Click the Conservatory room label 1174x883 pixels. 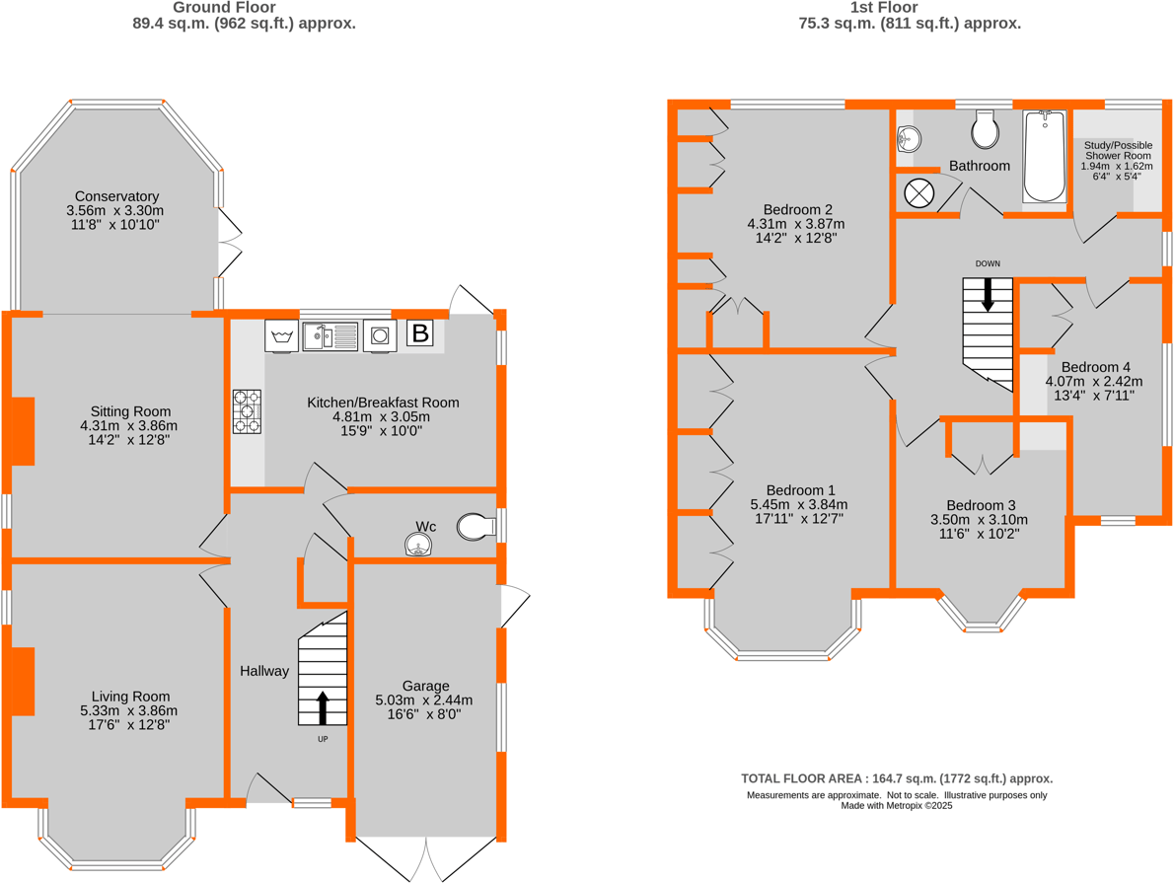pyautogui.click(x=113, y=196)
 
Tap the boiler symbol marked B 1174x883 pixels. pyautogui.click(x=420, y=333)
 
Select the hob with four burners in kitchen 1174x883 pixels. pyautogui.click(x=248, y=411)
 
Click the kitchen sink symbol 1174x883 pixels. pyautogui.click(x=330, y=336)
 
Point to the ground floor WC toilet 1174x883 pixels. pyautogui.click(x=477, y=527)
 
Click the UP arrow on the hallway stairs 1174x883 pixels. pyautogui.click(x=322, y=708)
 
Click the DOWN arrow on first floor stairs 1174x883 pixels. pyautogui.click(x=988, y=294)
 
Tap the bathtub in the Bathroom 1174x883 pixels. pyautogui.click(x=1045, y=155)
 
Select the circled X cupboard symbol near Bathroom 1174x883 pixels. pyautogui.click(x=918, y=192)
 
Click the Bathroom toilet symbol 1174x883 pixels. pyautogui.click(x=986, y=127)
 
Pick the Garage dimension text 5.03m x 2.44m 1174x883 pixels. pyautogui.click(x=424, y=700)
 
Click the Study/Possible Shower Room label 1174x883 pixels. pyautogui.click(x=1118, y=150)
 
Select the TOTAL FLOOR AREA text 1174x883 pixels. pyautogui.click(x=897, y=778)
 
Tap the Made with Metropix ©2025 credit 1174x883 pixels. pyautogui.click(x=897, y=805)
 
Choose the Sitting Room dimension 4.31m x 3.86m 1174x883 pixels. pyautogui.click(x=128, y=426)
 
